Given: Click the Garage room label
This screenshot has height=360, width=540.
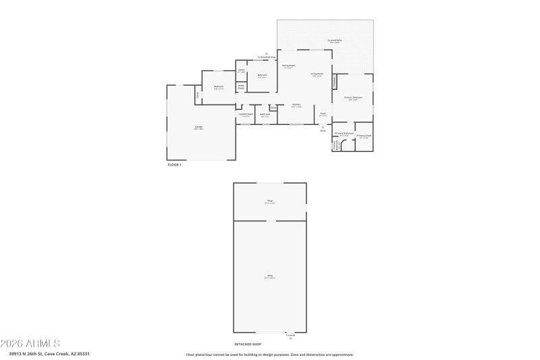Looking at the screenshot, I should click(199, 128).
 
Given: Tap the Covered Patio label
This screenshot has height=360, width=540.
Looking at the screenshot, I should click(335, 41).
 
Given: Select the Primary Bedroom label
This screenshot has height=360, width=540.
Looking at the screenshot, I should click(353, 98).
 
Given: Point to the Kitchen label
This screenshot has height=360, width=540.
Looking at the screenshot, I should click(296, 105).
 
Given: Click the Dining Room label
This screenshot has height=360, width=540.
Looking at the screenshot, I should click(288, 66).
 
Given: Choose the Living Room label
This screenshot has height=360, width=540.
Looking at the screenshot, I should click(317, 74).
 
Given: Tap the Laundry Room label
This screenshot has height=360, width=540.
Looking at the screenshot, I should click(246, 115).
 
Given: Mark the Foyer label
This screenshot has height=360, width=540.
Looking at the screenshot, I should click(323, 113).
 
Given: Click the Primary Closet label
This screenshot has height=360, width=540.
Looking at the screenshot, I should click(364, 136).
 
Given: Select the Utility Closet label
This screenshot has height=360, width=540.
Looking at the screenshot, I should click(240, 86).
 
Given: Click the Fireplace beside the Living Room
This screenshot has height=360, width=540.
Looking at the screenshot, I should click(334, 81).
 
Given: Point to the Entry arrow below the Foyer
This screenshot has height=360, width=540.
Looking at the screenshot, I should click(323, 127).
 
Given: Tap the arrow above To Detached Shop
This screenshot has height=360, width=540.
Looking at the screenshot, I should click(267, 53).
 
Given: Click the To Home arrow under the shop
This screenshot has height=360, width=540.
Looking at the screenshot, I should click(291, 338).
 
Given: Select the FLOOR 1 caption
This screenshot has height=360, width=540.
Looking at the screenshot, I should click(174, 165).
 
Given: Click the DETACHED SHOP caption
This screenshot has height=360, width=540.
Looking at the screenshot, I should click(247, 344).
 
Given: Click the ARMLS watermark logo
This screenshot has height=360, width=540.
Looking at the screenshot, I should click(30, 343).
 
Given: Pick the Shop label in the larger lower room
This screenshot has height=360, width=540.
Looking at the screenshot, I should click(270, 276).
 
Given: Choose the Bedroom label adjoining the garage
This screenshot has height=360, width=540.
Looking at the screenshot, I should click(219, 86).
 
